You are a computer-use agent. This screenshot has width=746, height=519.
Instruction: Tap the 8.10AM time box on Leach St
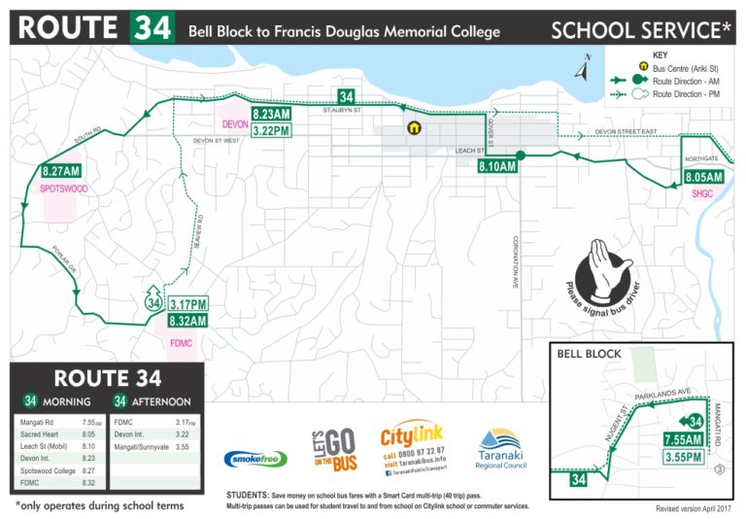click(496, 167)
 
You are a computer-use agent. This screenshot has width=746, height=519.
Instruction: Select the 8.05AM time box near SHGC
click(704, 178)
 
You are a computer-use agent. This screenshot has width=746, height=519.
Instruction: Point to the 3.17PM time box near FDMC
click(188, 303)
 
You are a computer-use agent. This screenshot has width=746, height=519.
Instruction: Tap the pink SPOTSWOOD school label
click(64, 188)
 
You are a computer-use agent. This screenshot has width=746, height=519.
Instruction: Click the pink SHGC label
click(702, 194)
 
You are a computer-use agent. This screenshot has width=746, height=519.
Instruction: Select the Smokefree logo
click(255, 459)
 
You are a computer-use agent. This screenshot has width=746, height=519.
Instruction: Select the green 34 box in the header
click(153, 28)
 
